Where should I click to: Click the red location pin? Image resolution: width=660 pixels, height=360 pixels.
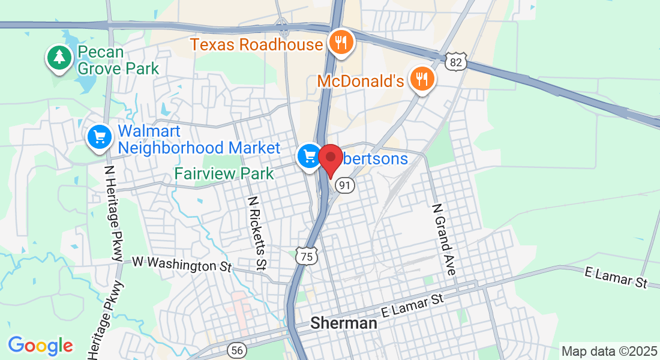330,159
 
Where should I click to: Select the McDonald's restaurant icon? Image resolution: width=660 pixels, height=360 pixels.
422,78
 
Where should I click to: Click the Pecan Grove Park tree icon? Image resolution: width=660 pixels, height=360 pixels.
59,58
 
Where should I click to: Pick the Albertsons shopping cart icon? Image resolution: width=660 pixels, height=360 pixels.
310,157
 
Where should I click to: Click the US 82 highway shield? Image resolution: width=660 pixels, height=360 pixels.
456,62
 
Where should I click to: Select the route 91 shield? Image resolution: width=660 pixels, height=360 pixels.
344,185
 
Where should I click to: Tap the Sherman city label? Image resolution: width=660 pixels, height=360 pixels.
344,323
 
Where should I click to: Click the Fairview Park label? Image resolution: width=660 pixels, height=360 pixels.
224,174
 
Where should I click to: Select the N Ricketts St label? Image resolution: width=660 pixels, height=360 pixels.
256,232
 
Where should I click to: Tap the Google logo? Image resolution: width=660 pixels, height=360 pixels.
40,346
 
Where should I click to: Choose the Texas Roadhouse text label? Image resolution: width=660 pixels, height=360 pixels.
256,44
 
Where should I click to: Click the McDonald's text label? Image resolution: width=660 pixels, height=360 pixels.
360,80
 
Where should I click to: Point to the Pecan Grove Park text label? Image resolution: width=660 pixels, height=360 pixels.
118,60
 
